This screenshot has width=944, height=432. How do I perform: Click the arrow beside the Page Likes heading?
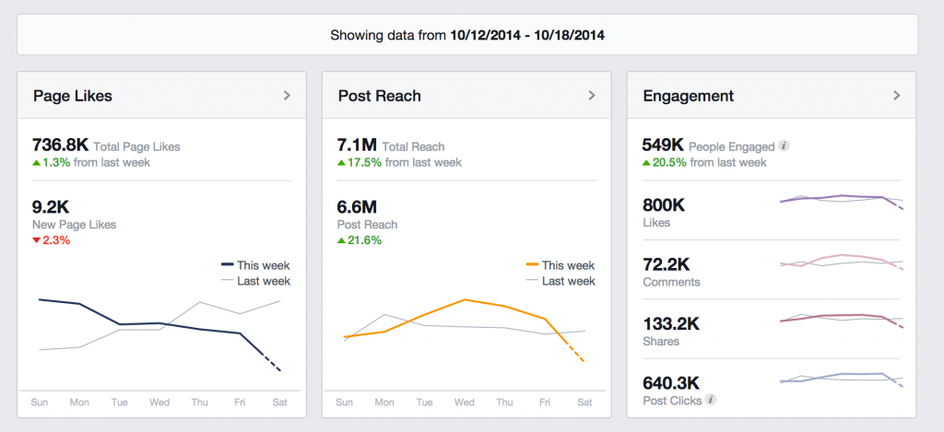tap(287, 95)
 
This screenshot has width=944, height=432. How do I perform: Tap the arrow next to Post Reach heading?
tap(592, 95)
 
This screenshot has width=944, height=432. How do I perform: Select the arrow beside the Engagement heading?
tap(897, 95)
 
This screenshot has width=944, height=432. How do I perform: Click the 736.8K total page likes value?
tap(61, 146)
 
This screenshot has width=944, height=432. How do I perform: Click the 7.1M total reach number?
tap(357, 146)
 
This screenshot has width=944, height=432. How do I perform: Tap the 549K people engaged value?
tap(663, 146)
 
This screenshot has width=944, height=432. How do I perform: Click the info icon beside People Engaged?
tap(784, 146)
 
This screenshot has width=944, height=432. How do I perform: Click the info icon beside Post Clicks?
tap(710, 400)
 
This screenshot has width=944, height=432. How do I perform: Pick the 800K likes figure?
tap(664, 205)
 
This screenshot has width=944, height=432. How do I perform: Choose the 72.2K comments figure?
tap(668, 264)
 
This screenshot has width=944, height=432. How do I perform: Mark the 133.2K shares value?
tap(672, 323)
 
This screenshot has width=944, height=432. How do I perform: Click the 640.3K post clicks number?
tap(672, 382)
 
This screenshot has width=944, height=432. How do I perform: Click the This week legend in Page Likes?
tap(263, 265)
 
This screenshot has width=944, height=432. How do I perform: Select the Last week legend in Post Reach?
tap(568, 281)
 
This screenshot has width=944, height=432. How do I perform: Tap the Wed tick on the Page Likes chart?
tap(159, 402)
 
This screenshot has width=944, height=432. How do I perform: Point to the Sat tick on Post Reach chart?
tap(585, 402)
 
